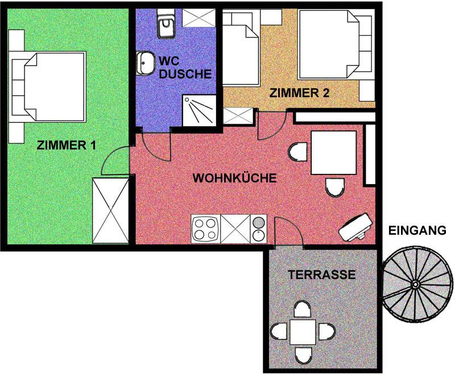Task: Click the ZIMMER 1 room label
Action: [x=66, y=145]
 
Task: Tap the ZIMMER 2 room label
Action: [x=299, y=93]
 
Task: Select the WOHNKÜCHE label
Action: [x=234, y=178]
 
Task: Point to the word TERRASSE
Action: [x=321, y=275]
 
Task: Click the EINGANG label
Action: [x=417, y=230]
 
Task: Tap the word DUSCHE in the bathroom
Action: [x=185, y=74]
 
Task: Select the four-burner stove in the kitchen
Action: [x=206, y=228]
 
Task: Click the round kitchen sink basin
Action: [x=258, y=223]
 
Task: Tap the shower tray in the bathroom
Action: [x=200, y=110]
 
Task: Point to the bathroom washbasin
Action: [x=146, y=63]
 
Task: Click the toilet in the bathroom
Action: [x=166, y=23]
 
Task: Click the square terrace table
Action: [x=303, y=332]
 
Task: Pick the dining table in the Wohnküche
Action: [x=333, y=152]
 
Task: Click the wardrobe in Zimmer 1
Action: [x=110, y=210]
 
